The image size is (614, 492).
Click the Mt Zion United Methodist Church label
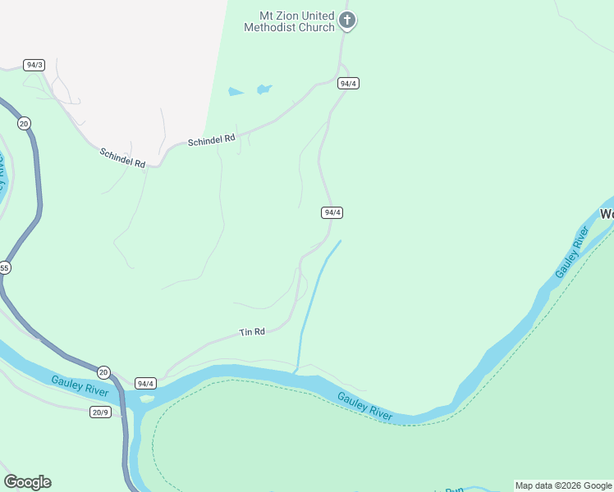coord(290,21)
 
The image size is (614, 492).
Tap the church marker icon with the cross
coord(347,20)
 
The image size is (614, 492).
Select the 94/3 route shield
coord(34,65)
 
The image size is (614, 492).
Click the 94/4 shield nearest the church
coord(348,84)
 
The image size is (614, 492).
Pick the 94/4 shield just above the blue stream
coord(331,212)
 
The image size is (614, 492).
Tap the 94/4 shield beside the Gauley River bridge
coord(145,383)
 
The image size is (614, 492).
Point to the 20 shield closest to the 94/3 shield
coord(24,123)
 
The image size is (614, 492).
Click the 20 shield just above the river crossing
coord(103,371)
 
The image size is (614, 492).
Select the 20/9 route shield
coord(100,412)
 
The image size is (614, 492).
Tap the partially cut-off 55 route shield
coord(4,268)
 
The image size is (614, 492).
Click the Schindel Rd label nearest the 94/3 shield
coord(122,158)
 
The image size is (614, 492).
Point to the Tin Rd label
coord(252,332)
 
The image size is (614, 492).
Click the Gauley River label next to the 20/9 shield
coord(80,385)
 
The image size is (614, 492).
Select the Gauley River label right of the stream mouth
coord(364,407)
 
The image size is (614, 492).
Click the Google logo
coord(27,482)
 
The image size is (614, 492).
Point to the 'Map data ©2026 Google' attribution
coord(563,485)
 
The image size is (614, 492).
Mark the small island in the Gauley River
coord(146,399)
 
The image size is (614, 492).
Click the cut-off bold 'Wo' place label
coord(607,215)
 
